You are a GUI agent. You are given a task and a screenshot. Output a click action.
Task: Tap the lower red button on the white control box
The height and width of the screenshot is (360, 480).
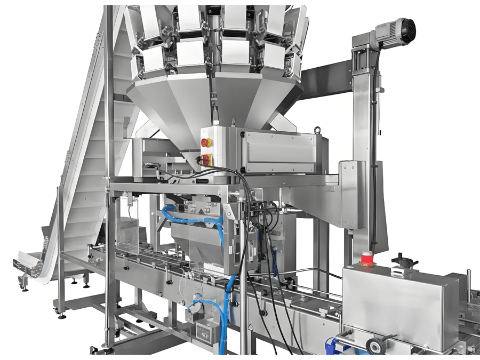coord(205,159)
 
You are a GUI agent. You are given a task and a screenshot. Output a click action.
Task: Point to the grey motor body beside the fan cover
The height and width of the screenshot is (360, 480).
coord(385,35)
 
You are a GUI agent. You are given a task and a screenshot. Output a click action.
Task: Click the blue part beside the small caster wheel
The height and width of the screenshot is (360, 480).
coord(342,346)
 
